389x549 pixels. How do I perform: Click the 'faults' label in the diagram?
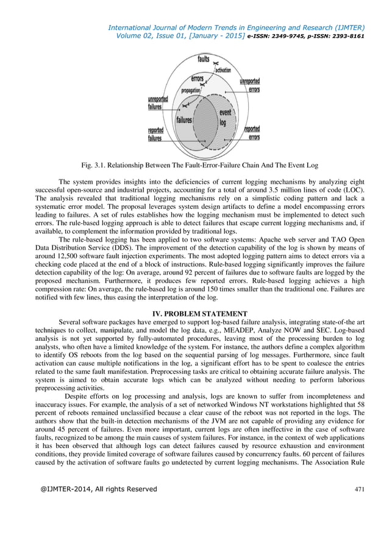click(x=203, y=59)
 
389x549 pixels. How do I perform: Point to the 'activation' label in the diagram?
click(x=223, y=70)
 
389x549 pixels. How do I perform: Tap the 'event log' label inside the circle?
click(x=225, y=117)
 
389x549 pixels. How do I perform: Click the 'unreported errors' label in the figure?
click(x=249, y=85)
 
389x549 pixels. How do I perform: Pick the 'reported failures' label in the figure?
click(x=155, y=134)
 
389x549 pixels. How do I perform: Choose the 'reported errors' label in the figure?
click(x=252, y=133)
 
